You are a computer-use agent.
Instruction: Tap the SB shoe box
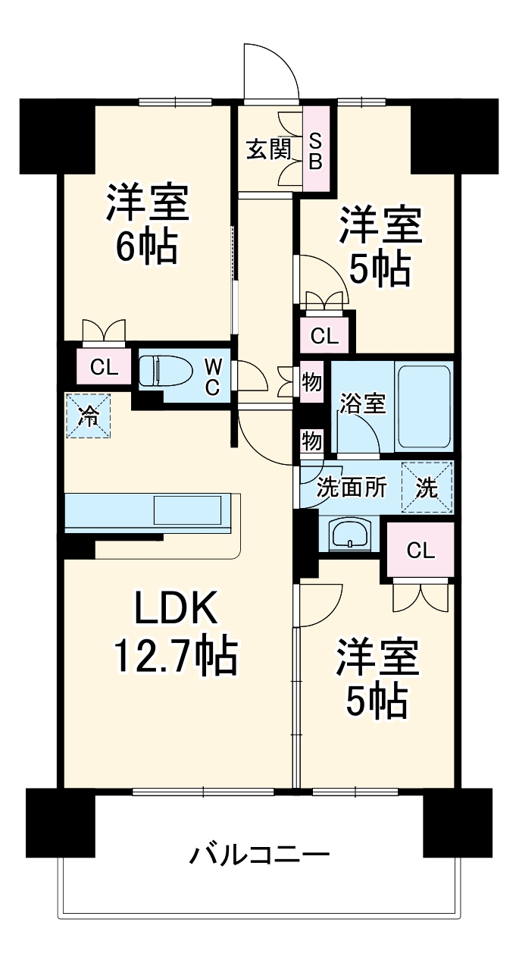(317, 150)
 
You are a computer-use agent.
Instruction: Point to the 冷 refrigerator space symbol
(89, 415)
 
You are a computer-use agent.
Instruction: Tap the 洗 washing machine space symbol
(427, 488)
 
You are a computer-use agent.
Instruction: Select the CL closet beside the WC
(105, 369)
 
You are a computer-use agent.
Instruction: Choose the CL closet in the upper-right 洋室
(325, 336)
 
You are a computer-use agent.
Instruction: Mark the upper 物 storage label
(311, 382)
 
